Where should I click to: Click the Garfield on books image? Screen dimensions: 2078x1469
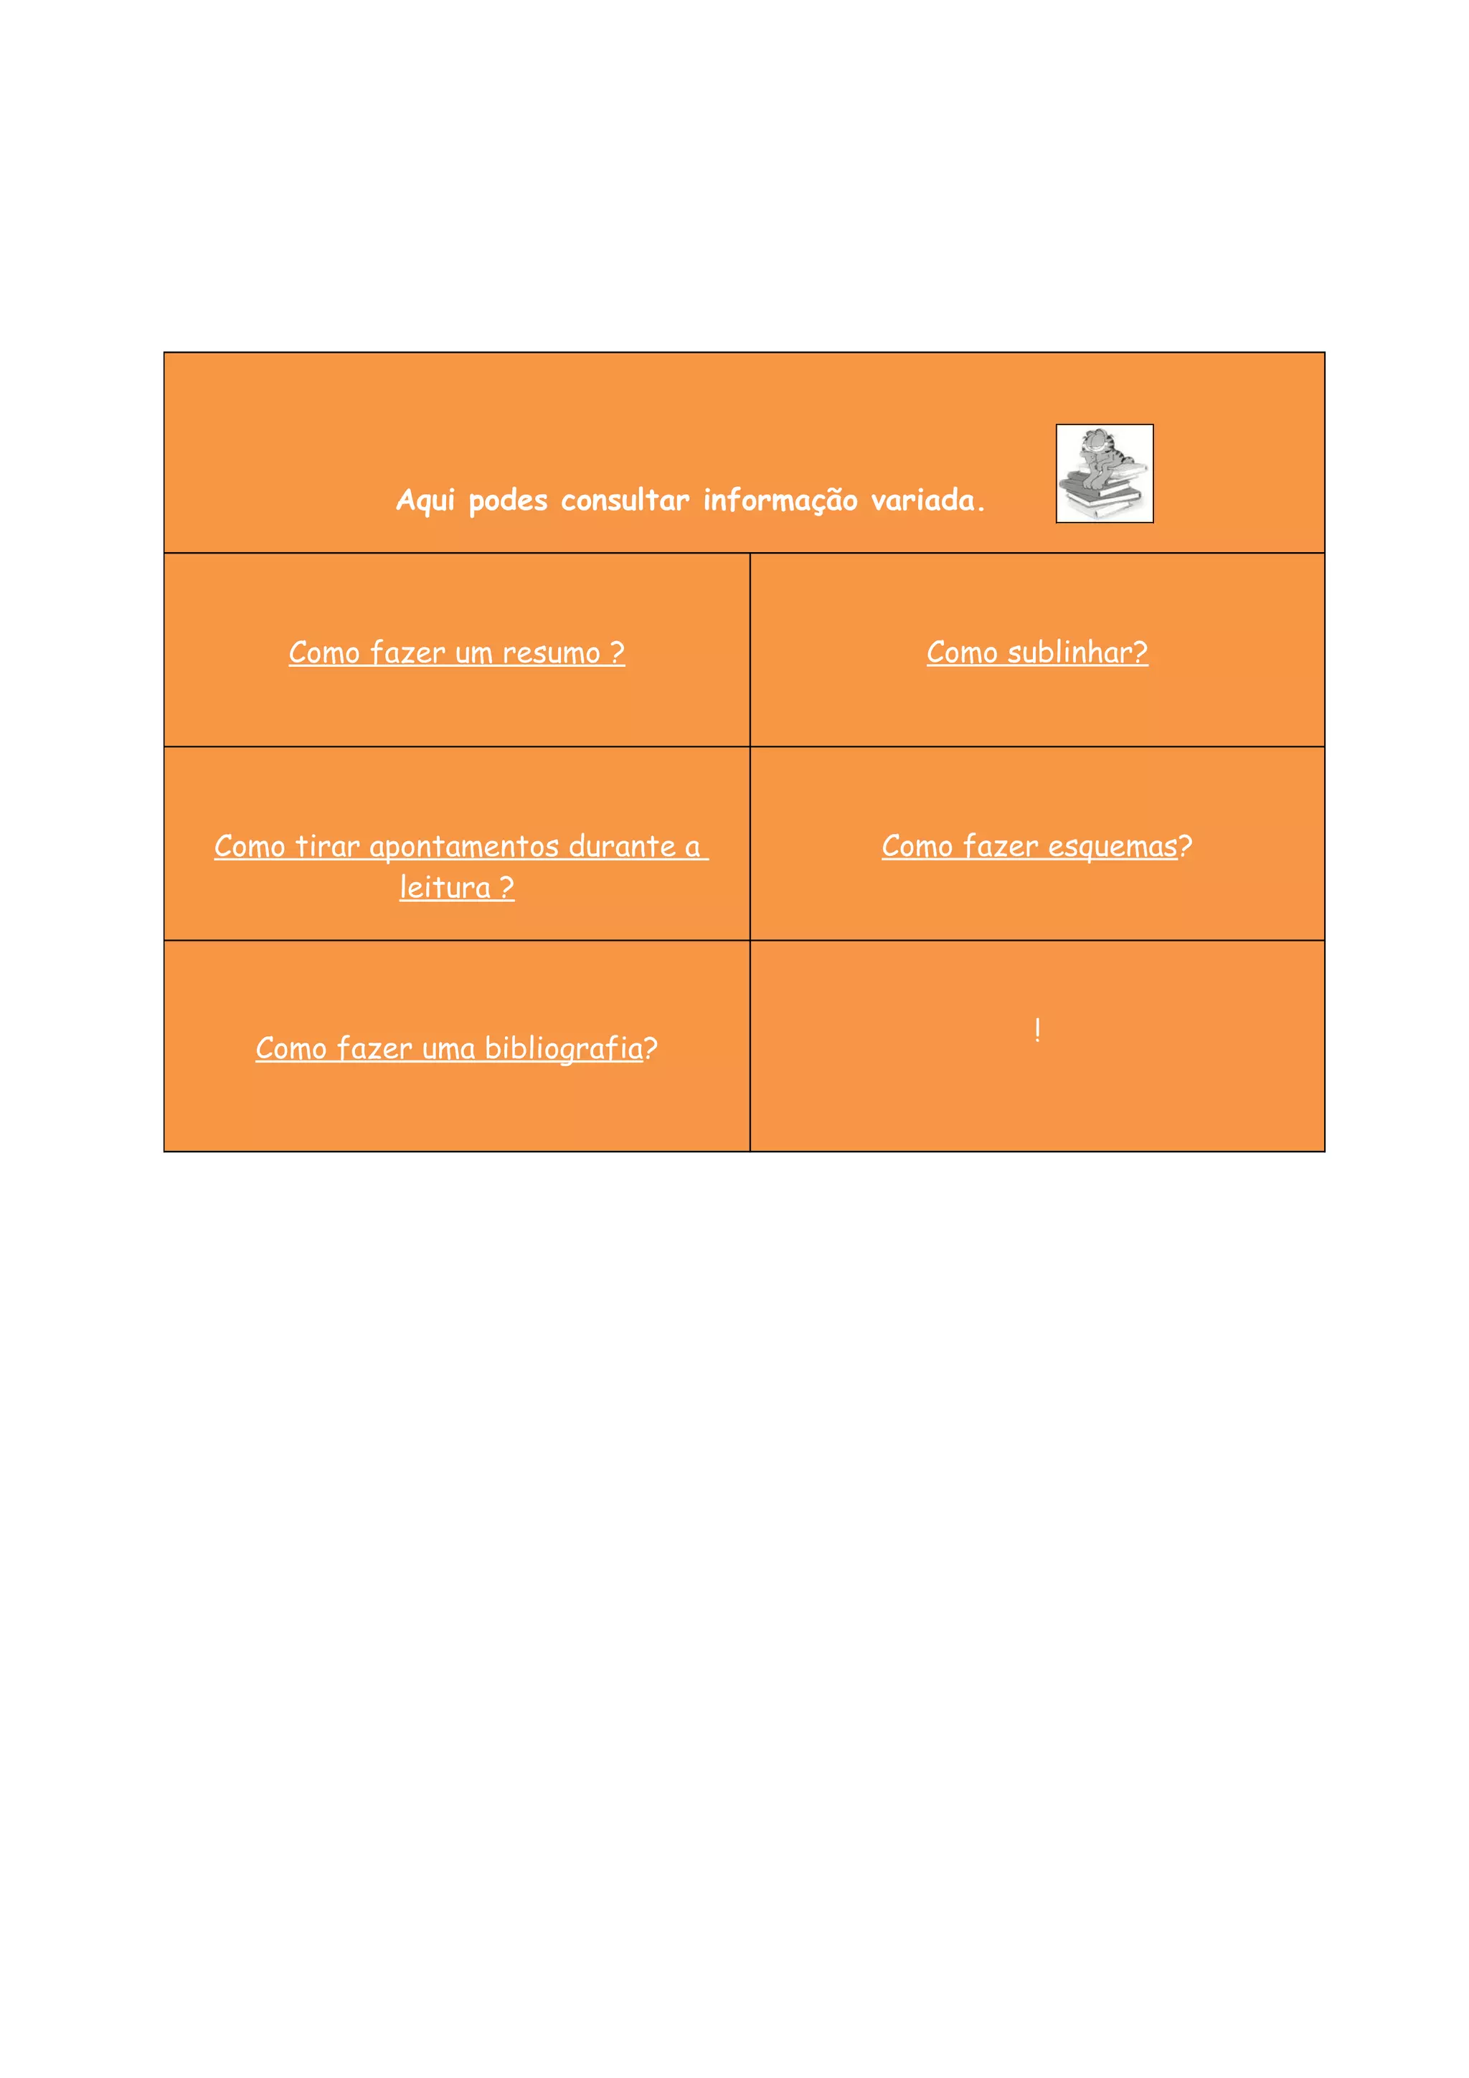[1103, 473]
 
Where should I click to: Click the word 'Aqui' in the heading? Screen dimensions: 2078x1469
[425, 500]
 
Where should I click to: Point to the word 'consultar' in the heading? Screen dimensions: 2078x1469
[625, 500]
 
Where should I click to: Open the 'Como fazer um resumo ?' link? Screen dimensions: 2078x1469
[456, 653]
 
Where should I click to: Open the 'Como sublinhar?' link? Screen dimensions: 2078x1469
[1036, 653]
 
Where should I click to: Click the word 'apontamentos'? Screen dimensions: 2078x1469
[463, 846]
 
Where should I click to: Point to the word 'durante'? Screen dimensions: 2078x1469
[622, 846]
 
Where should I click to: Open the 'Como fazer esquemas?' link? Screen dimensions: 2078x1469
[1036, 846]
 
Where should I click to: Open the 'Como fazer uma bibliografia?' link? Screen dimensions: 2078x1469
[456, 1048]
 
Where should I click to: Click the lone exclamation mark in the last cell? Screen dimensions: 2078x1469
[1037, 1029]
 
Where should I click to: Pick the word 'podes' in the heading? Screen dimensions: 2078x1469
[508, 500]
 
